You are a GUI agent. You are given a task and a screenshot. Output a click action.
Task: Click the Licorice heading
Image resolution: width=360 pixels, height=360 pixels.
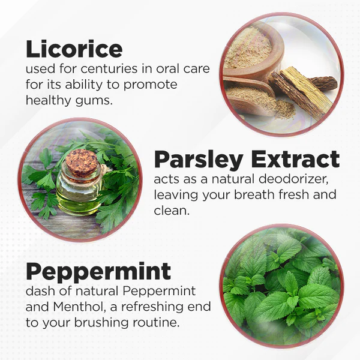74,49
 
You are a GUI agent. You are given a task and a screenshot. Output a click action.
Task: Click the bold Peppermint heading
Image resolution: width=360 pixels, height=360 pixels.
98,272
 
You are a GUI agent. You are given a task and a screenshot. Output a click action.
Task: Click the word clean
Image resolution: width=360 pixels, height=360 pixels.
171,211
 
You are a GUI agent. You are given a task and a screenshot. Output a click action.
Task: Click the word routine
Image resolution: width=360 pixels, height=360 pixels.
156,323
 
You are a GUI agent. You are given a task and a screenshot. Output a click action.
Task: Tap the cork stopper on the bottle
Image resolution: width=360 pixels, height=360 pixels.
82,163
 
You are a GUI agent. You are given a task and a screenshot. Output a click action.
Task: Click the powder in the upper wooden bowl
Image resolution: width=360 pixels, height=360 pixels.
248,48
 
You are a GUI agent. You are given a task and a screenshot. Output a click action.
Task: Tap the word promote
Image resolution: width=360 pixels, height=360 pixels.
150,85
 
